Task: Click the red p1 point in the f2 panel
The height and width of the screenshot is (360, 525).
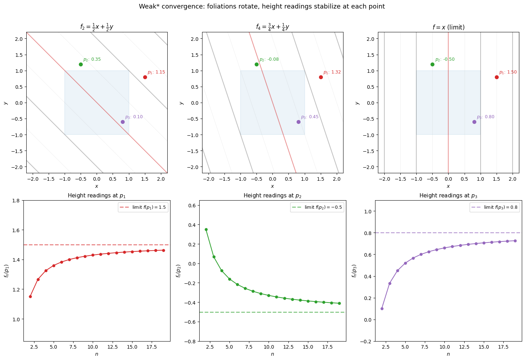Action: (x=145, y=77)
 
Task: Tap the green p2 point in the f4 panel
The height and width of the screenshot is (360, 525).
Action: (x=256, y=64)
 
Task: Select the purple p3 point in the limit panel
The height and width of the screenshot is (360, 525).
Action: (x=474, y=122)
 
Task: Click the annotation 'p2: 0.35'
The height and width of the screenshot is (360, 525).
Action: (x=92, y=59)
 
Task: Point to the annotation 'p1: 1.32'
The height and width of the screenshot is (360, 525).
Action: (x=332, y=72)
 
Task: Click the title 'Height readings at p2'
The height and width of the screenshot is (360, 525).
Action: (x=272, y=196)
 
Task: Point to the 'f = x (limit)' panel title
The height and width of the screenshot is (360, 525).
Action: (x=448, y=27)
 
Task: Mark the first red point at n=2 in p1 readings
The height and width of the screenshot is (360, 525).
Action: (x=30, y=296)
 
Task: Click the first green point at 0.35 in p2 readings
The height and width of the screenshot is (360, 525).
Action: (x=206, y=229)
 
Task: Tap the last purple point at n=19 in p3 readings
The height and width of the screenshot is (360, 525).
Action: (x=515, y=241)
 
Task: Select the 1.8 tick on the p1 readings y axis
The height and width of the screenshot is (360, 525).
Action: (x=16, y=201)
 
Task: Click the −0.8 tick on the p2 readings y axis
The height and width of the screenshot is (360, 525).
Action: (x=191, y=341)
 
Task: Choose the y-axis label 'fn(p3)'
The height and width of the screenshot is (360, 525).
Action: (x=354, y=271)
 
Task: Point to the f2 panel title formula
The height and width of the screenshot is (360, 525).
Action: (x=97, y=27)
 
